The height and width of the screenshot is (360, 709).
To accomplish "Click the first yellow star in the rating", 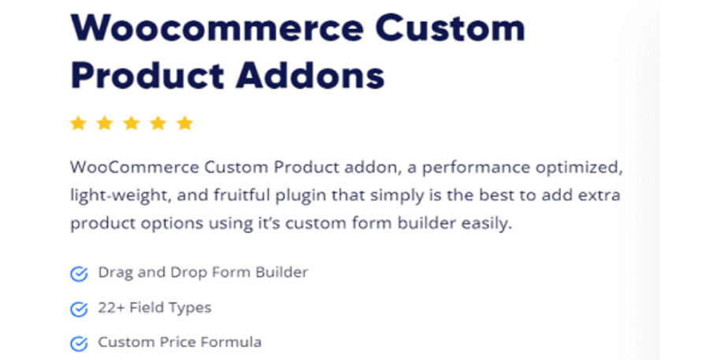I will (x=78, y=123).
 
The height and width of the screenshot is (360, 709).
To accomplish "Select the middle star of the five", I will (x=132, y=123).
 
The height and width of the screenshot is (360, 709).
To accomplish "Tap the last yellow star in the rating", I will (x=185, y=123).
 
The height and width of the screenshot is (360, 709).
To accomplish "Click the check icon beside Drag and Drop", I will (x=79, y=274).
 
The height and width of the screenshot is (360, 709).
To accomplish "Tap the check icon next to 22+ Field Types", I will (x=79, y=309).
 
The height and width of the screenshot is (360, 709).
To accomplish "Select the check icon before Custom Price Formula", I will (x=79, y=343).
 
